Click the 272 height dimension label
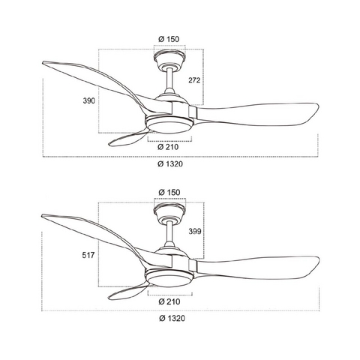pyautogui.click(x=194, y=80)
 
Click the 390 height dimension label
pyautogui.click(x=89, y=100)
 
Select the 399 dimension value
pyautogui.click(x=195, y=232)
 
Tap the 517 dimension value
pyautogui.click(x=88, y=255)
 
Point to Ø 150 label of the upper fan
pyautogui.click(x=169, y=39)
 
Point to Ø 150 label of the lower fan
pyautogui.click(x=169, y=192)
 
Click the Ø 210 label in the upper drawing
pyautogui.click(x=168, y=147)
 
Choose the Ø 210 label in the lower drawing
pyautogui.click(x=169, y=301)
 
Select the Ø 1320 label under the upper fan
pyautogui.click(x=170, y=164)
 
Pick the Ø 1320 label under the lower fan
pyautogui.click(x=172, y=318)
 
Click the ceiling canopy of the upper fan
pyautogui.click(x=169, y=59)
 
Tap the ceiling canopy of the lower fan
pyautogui.click(x=170, y=212)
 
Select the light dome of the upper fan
pyautogui.click(x=169, y=126)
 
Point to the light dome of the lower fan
pyautogui.click(x=169, y=280)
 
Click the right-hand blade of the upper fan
pyautogui.click(x=255, y=113)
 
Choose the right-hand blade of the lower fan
pyautogui.click(x=256, y=267)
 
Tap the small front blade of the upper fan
pyautogui.click(x=127, y=139)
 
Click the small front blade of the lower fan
pyautogui.click(x=127, y=292)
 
